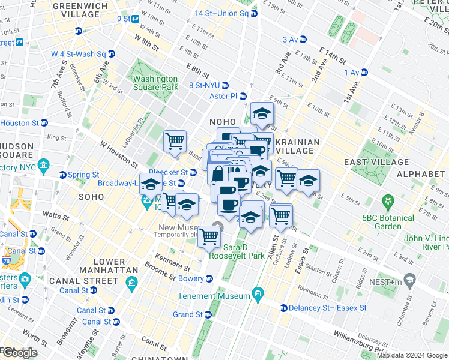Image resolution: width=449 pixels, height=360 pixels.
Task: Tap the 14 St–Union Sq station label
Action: tap(221, 13)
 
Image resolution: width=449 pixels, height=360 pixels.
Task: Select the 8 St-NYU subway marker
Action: tap(225, 85)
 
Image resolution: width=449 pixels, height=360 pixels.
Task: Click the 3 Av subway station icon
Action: tap(303, 40)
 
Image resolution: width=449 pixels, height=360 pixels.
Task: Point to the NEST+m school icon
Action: tap(409, 279)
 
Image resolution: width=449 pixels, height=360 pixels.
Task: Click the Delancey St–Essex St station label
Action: tap(328, 308)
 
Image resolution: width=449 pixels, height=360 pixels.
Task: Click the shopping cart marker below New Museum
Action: tap(209, 236)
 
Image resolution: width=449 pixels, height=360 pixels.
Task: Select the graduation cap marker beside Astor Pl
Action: tap(262, 113)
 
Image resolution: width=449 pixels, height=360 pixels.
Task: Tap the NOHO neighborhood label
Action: tap(223, 122)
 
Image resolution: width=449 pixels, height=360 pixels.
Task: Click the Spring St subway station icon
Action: tap(63, 175)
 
